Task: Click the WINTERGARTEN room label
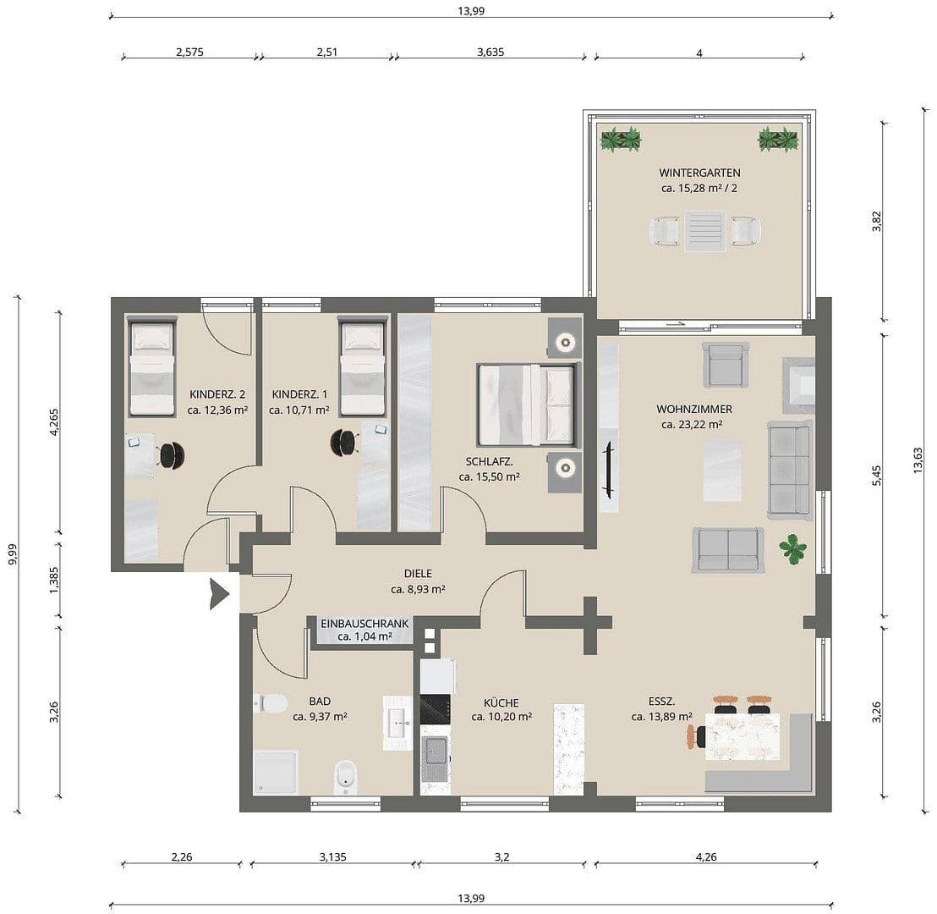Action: (x=699, y=173)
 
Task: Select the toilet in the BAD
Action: (x=271, y=703)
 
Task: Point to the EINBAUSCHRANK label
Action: (x=364, y=624)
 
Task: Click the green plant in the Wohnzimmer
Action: (x=793, y=548)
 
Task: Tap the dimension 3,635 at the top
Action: (x=490, y=52)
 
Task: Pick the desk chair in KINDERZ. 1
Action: (x=343, y=441)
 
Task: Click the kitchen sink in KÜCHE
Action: (x=434, y=750)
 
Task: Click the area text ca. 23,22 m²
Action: (x=692, y=425)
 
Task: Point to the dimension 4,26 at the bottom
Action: (x=704, y=856)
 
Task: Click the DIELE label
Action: (x=418, y=574)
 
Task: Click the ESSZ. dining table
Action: (x=742, y=736)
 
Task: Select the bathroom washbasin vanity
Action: (x=397, y=722)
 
